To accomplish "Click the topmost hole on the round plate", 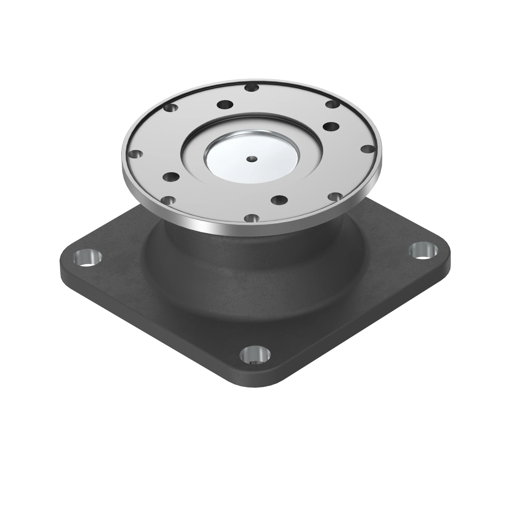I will click(252, 88).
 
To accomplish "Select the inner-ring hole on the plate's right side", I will click(331, 127).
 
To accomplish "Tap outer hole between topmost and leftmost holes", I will click(171, 108).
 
